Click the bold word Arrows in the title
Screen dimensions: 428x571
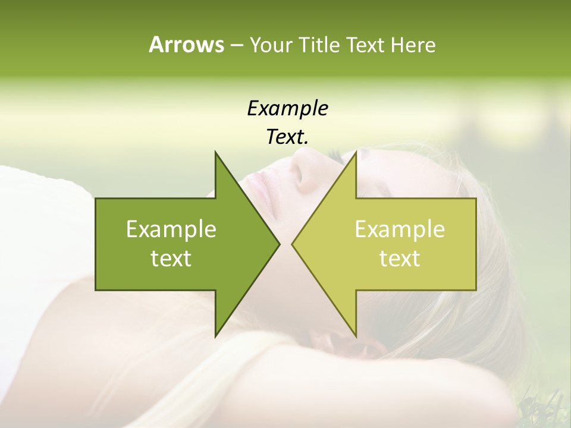pos(186,45)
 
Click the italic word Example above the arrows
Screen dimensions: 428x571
pos(287,108)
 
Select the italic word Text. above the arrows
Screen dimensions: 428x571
pos(287,137)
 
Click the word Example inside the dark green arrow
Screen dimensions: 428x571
pos(171,229)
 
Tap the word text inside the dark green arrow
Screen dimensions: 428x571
pos(171,259)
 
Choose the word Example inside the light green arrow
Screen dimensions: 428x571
pos(400,229)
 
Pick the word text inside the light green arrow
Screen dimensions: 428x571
pos(400,259)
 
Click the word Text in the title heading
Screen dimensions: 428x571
pos(366,45)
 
